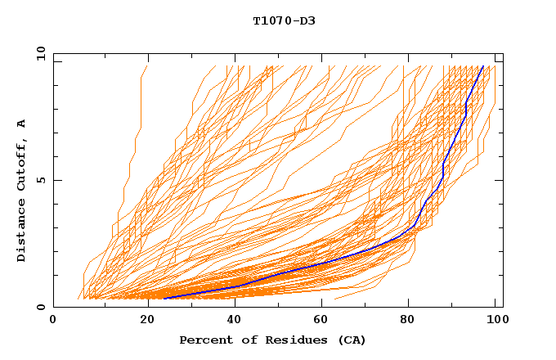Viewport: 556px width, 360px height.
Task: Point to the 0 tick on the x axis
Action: click(54, 320)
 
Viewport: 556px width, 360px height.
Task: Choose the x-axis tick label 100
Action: click(495, 320)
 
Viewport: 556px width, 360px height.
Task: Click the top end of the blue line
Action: click(483, 66)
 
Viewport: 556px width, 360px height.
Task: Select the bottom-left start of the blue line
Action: click(164, 299)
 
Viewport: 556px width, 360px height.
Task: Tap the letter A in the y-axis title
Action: click(22, 124)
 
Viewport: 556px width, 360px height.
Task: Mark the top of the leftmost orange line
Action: click(146, 66)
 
